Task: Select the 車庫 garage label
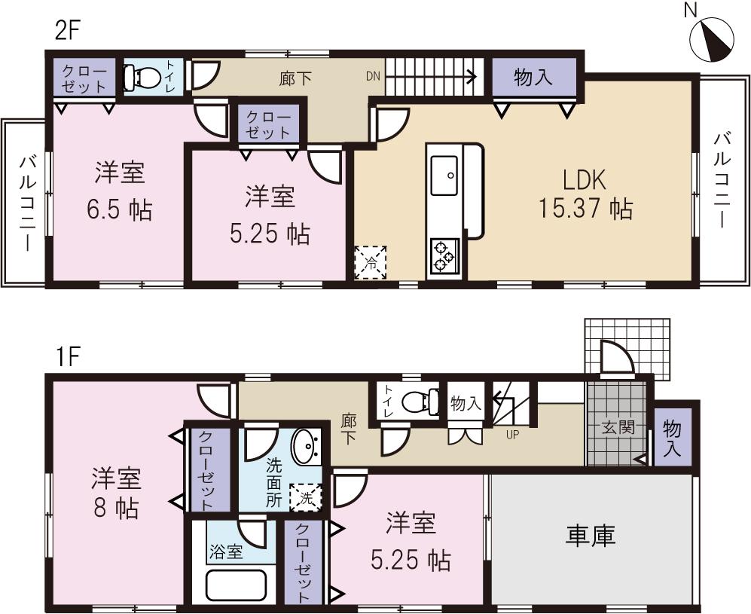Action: coord(591,536)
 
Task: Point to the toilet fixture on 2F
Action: coord(144,77)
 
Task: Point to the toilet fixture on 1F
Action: coord(420,400)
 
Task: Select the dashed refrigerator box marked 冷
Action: coord(371,262)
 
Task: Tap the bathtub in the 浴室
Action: coord(236,587)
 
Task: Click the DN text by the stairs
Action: coord(374,75)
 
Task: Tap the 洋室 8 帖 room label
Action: coord(116,493)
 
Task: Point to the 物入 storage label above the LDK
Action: coord(533,76)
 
